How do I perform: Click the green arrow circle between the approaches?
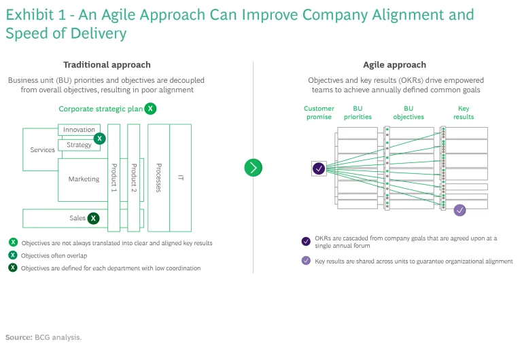click(253, 168)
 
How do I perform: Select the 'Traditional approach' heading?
click(107, 65)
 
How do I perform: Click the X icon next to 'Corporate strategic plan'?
click(150, 109)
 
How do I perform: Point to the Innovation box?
click(79, 130)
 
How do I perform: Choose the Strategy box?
click(79, 145)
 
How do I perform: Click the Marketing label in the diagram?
click(84, 179)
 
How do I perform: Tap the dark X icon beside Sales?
click(94, 218)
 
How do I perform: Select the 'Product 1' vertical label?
click(114, 178)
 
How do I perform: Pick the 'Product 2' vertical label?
click(134, 178)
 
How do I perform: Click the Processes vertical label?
click(158, 178)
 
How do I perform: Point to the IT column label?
click(180, 178)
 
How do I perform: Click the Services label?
click(43, 150)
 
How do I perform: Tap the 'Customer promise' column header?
click(319, 113)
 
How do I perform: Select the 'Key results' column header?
click(464, 113)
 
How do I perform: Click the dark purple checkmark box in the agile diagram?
click(319, 168)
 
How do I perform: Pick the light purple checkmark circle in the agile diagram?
click(460, 210)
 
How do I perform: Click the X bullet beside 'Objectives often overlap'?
click(14, 255)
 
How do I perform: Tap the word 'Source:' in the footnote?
click(18, 337)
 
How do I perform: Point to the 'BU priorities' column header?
click(358, 113)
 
